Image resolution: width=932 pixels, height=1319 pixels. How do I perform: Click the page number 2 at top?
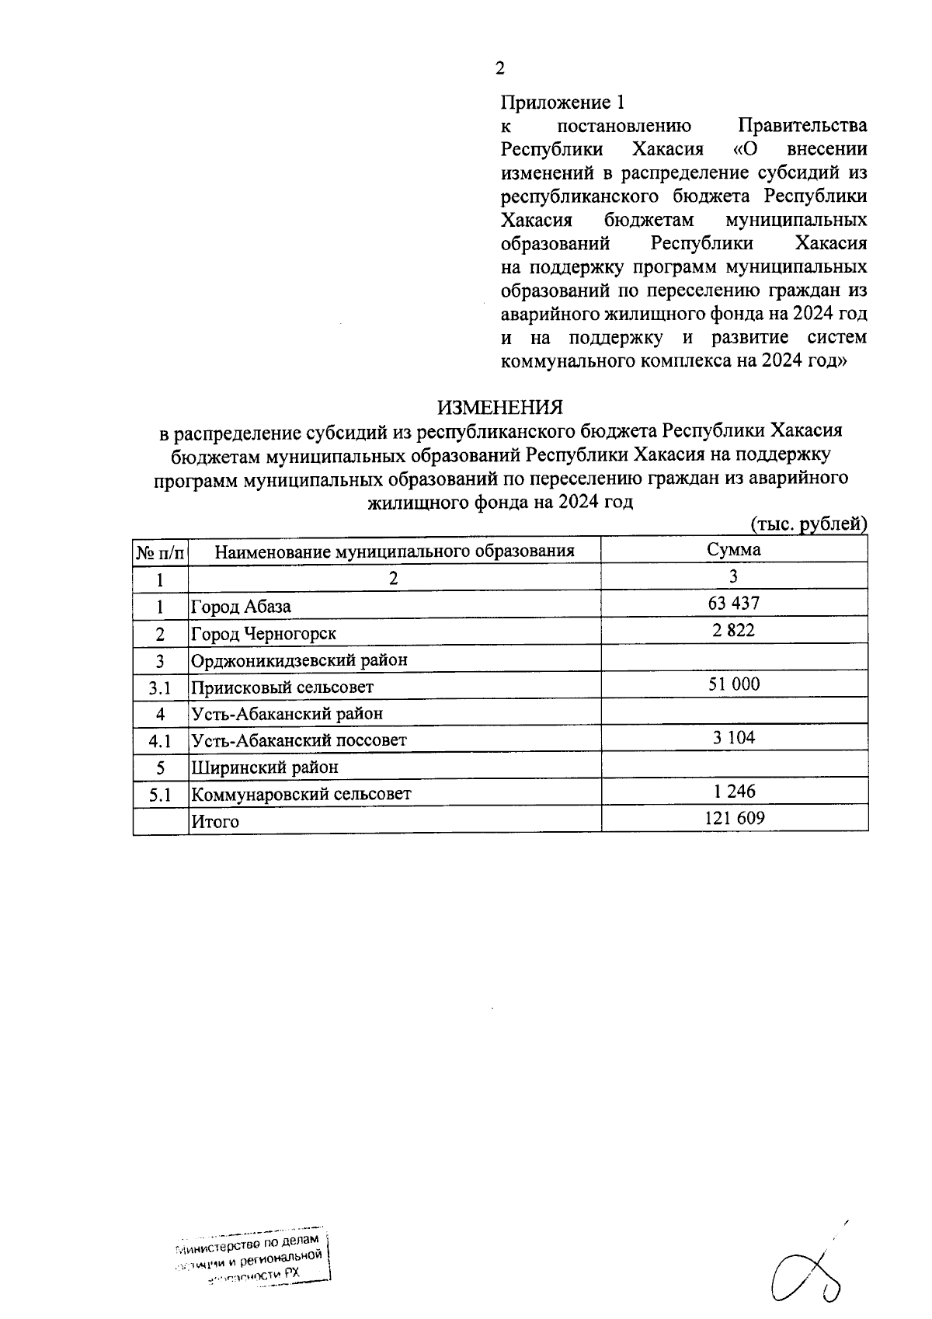point(499,69)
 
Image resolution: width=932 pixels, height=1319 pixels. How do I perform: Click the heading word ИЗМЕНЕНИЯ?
point(499,407)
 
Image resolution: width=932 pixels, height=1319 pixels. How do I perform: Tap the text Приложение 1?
point(562,103)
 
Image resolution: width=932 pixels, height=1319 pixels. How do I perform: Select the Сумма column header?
point(733,550)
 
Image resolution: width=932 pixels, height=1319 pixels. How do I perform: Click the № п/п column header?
point(161,552)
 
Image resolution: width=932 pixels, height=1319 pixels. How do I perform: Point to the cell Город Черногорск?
point(264,634)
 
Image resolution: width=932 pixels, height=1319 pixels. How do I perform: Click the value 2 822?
point(733,631)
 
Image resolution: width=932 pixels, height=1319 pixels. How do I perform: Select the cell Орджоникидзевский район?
point(300,660)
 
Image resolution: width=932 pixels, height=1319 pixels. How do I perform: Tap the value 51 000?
point(733,684)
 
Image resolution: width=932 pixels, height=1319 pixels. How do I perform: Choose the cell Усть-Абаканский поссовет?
point(299,740)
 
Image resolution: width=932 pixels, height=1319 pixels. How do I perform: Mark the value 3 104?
point(733,738)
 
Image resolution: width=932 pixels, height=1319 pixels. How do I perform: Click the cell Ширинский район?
point(265,767)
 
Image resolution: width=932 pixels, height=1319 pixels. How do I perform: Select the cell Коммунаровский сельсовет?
point(301,794)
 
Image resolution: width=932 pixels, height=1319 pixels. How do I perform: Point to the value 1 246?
point(733,792)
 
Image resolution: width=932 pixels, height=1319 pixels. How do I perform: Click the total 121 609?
point(733,818)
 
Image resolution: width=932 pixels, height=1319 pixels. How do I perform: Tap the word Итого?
point(215,821)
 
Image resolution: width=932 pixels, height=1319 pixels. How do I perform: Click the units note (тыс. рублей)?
point(808,525)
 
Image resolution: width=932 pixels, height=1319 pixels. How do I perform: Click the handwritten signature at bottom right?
point(808,1274)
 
